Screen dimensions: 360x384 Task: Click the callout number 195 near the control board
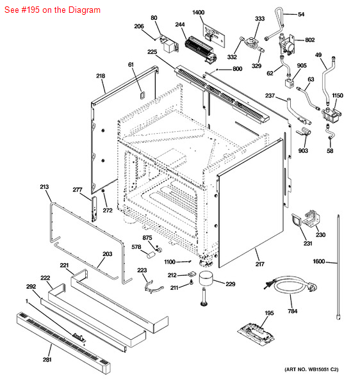pyautogui.click(x=269, y=313)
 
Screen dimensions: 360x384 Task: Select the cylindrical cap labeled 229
pyautogui.click(x=206, y=278)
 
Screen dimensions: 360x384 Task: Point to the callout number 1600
pyautogui.click(x=318, y=261)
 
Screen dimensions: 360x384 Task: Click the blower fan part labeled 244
pyautogui.click(x=200, y=50)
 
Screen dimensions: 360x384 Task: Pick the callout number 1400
pyautogui.click(x=199, y=13)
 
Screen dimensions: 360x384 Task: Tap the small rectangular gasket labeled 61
pyautogui.click(x=142, y=95)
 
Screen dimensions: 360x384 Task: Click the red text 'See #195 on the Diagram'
pyautogui.click(x=53, y=10)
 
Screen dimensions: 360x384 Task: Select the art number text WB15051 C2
pyautogui.click(x=311, y=369)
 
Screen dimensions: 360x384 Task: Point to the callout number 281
pyautogui.click(x=47, y=360)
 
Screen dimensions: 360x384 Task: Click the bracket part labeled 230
pyautogui.click(x=311, y=218)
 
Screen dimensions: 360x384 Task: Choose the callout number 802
pyautogui.click(x=310, y=40)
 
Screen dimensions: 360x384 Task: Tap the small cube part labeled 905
pyautogui.click(x=289, y=83)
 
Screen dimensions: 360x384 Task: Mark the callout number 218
pyautogui.click(x=101, y=76)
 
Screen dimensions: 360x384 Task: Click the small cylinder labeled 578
pyautogui.click(x=151, y=254)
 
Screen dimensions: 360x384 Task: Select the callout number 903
pyautogui.click(x=303, y=150)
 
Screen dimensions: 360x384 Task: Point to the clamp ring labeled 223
pyautogui.click(x=153, y=287)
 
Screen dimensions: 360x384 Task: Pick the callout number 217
pyautogui.click(x=260, y=264)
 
